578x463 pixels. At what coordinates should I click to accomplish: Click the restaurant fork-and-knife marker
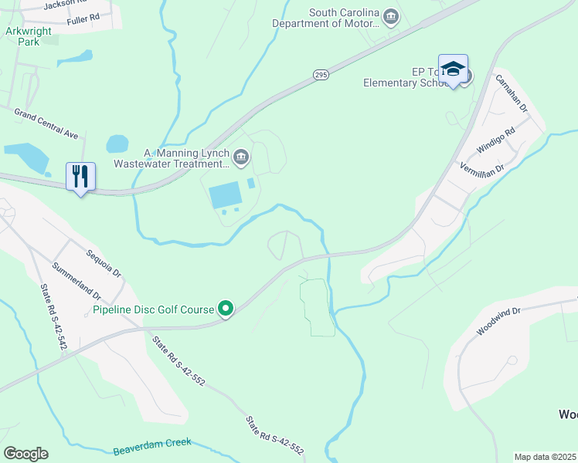coord(80,177)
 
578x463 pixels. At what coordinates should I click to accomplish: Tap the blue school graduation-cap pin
coord(453,69)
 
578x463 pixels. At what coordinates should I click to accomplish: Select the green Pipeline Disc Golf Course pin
coord(226,309)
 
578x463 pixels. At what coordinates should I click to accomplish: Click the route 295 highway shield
coord(321,74)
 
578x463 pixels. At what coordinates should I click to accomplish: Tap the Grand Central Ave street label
coord(46,123)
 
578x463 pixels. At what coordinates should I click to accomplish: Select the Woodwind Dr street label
coord(500,319)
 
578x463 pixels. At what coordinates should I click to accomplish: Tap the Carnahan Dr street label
coord(511,93)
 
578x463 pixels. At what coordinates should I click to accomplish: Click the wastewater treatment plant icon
coord(241,158)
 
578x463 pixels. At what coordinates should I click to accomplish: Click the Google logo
coord(26,454)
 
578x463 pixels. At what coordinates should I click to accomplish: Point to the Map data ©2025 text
coord(546,457)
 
